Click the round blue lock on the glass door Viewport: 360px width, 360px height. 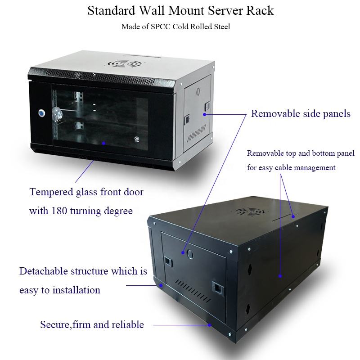(x=41, y=113)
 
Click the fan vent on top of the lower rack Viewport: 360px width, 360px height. (x=249, y=211)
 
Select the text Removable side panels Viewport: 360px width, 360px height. (x=301, y=114)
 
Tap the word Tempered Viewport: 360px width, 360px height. (x=51, y=192)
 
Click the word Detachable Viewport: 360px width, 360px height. (x=44, y=271)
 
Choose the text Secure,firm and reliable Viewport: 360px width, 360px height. (x=92, y=324)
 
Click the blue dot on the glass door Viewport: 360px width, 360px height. (x=103, y=143)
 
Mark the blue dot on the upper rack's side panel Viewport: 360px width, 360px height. (x=204, y=114)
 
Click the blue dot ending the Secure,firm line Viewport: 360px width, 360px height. (x=210, y=325)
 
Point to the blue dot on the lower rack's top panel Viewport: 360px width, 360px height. (x=293, y=216)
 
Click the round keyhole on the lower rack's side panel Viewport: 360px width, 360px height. (x=189, y=254)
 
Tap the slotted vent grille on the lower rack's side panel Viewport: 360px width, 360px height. (x=193, y=290)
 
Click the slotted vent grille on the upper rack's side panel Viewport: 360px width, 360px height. (x=196, y=133)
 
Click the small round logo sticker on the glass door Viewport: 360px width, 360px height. (x=137, y=139)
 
